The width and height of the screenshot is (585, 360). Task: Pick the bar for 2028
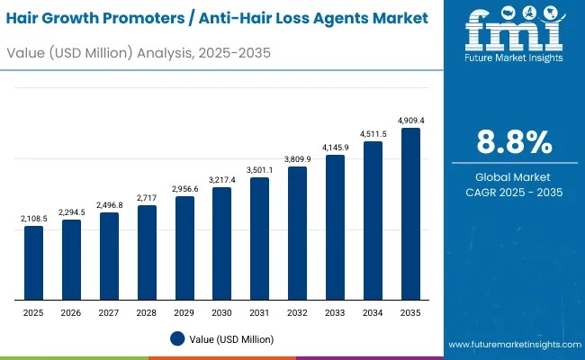147,253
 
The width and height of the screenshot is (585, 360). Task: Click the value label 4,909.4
410,120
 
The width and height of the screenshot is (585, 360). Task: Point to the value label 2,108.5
33,218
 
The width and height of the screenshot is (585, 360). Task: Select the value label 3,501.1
259,169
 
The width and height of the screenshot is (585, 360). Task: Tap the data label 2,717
147,197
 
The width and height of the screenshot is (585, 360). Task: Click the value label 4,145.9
335,147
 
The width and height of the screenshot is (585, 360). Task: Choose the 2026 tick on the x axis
71,312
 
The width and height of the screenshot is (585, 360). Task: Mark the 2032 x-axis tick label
297,312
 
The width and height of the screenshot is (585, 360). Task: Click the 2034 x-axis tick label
373,312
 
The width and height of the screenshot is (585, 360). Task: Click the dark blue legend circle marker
178,339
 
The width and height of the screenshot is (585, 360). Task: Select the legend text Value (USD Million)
232,339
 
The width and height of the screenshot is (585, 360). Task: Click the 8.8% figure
514,142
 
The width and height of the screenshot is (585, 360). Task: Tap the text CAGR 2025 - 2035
514,193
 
